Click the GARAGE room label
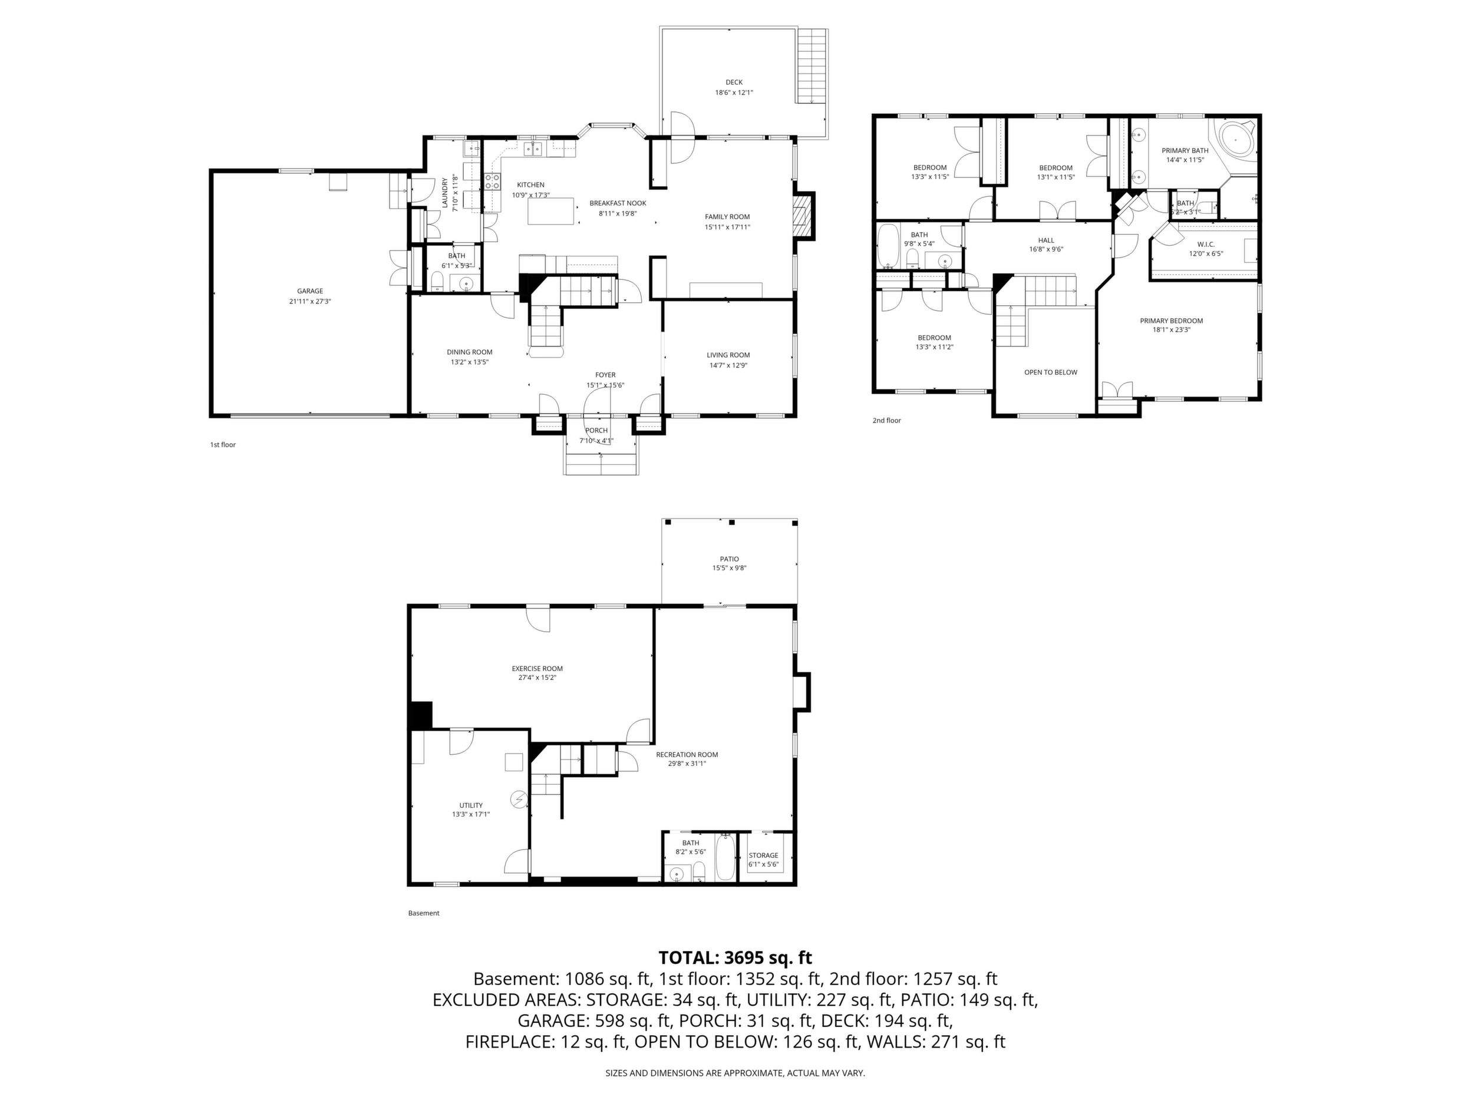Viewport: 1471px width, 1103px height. pyautogui.click(x=310, y=290)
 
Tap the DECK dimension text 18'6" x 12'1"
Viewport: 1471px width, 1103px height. pyautogui.click(x=734, y=93)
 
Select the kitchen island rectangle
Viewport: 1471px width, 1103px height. pyautogui.click(x=550, y=211)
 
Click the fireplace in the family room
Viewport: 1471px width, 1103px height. pyautogui.click(x=804, y=216)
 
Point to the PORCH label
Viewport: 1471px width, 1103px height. pyautogui.click(x=596, y=430)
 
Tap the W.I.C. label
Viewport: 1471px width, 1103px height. pyautogui.click(x=1206, y=244)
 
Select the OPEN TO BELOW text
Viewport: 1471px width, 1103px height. pyautogui.click(x=1051, y=372)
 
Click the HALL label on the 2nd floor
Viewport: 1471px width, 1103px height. pyautogui.click(x=1046, y=240)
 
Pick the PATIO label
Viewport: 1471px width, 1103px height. pyautogui.click(x=729, y=559)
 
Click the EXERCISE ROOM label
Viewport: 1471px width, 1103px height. pyautogui.click(x=537, y=669)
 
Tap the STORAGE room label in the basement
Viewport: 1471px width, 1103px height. pyautogui.click(x=763, y=856)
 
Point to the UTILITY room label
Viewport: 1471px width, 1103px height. pyautogui.click(x=471, y=805)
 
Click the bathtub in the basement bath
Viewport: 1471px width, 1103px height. pyautogui.click(x=725, y=858)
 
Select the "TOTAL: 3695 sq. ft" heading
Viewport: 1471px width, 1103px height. pyautogui.click(x=735, y=957)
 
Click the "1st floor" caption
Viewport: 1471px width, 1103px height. pyautogui.click(x=223, y=445)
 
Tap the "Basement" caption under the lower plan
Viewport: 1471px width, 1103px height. pyautogui.click(x=424, y=913)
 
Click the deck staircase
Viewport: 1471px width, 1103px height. pyautogui.click(x=812, y=67)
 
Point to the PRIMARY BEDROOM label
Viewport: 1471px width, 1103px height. pyautogui.click(x=1171, y=321)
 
